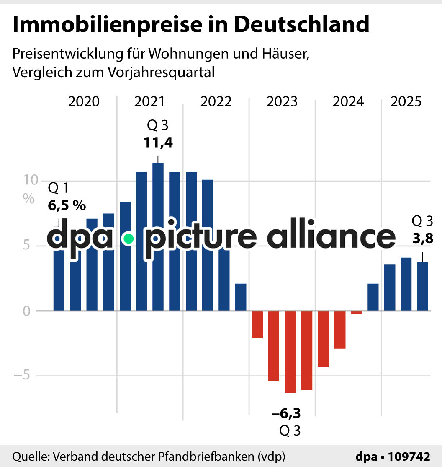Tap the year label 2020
pyautogui.click(x=84, y=102)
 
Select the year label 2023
pyautogui.click(x=282, y=102)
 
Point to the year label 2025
pyautogui.click(x=406, y=102)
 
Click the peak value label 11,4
pyautogui.click(x=158, y=143)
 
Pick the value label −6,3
pyautogui.click(x=287, y=414)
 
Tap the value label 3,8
pyautogui.click(x=422, y=239)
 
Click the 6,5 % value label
pyautogui.click(x=67, y=205)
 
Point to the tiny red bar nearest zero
pyautogui.click(x=356, y=312)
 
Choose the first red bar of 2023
pyautogui.click(x=257, y=324)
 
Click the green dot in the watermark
pyautogui.click(x=128, y=239)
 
